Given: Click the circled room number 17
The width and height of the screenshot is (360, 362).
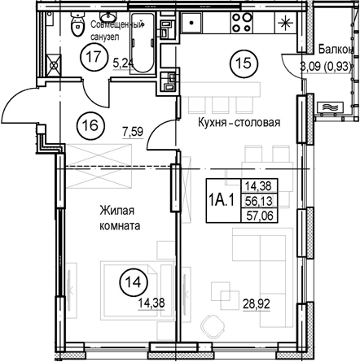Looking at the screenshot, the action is click(94, 57).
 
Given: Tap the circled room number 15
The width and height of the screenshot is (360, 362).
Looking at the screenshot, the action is click(244, 63).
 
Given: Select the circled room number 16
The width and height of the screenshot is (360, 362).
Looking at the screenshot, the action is click(90, 125).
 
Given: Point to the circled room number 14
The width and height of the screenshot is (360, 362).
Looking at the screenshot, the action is click(134, 282).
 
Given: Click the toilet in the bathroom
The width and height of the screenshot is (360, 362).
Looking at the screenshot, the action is click(77, 25).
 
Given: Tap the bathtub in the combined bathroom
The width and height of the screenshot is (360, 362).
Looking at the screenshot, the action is click(142, 42).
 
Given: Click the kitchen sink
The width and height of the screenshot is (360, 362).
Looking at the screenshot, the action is click(191, 23).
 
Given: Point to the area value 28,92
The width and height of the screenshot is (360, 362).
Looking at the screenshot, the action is click(257, 304).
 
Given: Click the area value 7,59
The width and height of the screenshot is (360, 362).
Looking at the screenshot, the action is click(133, 132).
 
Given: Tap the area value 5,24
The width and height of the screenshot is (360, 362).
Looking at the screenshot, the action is click(124, 63).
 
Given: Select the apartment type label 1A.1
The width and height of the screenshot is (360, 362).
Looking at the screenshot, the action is click(222, 201).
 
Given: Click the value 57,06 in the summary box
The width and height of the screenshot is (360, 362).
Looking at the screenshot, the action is click(259, 216).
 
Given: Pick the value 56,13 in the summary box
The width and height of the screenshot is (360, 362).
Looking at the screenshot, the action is click(259, 201).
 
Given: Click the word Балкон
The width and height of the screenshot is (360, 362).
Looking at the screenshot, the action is click(336, 50).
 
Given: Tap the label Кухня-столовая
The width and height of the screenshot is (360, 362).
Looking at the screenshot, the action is click(239, 122).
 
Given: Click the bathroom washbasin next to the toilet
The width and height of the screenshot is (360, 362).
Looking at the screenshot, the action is click(108, 17).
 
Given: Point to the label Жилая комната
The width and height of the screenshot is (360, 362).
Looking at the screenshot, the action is click(120, 218).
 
